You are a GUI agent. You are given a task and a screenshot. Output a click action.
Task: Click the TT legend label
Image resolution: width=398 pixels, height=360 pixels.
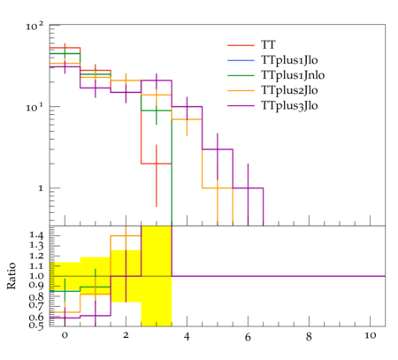pyautogui.click(x=268, y=45)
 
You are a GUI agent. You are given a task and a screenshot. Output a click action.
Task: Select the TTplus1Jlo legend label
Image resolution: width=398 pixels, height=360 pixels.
pyautogui.click(x=289, y=60)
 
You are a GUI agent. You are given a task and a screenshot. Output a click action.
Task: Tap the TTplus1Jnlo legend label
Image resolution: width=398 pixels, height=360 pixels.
pyautogui.click(x=293, y=75)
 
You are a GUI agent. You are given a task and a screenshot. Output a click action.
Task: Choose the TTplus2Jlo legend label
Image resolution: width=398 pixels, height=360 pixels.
pyautogui.click(x=289, y=90)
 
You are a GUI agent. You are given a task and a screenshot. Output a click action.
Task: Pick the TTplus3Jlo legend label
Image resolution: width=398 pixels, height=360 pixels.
pyautogui.click(x=289, y=105)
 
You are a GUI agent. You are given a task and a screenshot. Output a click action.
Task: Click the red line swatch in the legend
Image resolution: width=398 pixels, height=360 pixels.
pyautogui.click(x=241, y=45)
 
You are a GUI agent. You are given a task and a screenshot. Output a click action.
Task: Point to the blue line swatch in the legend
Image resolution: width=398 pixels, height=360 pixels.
pyautogui.click(x=241, y=60)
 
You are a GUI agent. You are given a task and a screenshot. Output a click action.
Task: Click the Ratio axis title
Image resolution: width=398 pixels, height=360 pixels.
pyautogui.click(x=11, y=276)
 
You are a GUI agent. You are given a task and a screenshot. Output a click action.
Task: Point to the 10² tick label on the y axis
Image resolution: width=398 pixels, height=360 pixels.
pyautogui.click(x=34, y=27)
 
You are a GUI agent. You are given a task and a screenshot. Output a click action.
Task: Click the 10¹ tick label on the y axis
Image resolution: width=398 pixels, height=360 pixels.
pyautogui.click(x=34, y=108)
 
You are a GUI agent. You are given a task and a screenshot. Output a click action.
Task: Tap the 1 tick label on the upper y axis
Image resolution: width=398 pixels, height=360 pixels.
pyautogui.click(x=41, y=188)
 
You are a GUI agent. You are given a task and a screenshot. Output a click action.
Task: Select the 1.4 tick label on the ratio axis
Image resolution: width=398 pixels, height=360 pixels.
pyautogui.click(x=36, y=235)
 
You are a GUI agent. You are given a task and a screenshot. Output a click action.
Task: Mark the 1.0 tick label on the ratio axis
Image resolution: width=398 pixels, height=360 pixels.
pyautogui.click(x=36, y=276)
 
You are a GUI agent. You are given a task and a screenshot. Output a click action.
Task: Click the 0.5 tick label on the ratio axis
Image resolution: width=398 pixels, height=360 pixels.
pyautogui.click(x=36, y=326)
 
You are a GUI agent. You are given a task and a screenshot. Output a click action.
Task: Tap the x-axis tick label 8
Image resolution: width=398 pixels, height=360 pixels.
pyautogui.click(x=309, y=336)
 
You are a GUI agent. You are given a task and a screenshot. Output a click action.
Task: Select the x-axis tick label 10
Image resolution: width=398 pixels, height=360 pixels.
pyautogui.click(x=371, y=336)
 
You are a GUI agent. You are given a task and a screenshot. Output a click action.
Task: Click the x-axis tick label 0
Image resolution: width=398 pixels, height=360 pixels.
pyautogui.click(x=65, y=336)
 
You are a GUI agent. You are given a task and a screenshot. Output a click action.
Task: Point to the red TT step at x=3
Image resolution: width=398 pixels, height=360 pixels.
pyautogui.click(x=157, y=164)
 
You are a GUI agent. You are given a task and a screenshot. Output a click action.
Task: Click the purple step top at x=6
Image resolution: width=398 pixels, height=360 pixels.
pyautogui.click(x=248, y=188)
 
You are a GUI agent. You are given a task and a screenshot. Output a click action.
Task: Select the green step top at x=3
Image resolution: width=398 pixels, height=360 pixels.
pyautogui.click(x=157, y=111)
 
